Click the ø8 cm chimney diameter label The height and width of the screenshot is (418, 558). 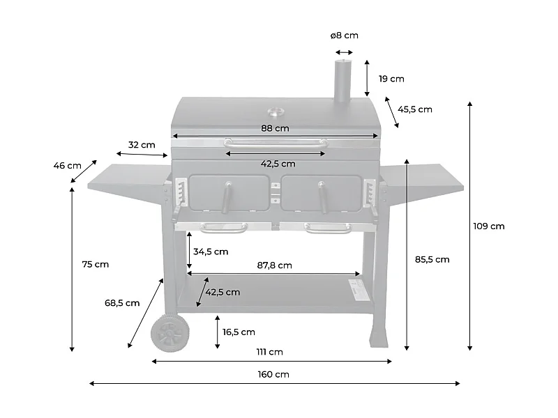click(345, 35)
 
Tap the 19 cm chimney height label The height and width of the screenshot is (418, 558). click(391, 79)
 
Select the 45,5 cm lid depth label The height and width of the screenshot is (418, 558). click(415, 109)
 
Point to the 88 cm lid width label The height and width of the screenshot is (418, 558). click(276, 128)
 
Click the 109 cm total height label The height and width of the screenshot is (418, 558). click(488, 226)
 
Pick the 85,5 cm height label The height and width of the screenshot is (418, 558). click(432, 259)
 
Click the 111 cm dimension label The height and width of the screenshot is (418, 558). click(271, 352)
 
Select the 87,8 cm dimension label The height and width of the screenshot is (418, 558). click(275, 265)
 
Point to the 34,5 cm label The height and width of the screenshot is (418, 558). click(211, 251)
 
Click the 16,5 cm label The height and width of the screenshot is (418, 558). click(239, 332)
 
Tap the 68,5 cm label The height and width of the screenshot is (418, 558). click(122, 303)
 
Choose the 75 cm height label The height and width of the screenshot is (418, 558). click(96, 264)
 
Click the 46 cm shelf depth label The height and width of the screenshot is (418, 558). click(67, 166)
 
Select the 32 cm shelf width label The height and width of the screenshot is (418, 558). click(142, 145)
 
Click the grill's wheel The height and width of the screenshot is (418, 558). click(168, 334)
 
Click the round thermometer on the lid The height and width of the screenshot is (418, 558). click(276, 110)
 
